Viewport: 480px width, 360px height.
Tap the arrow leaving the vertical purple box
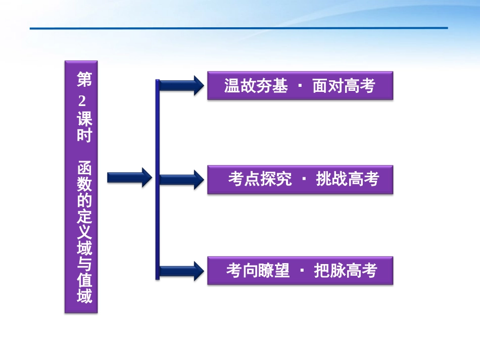(x=129, y=177)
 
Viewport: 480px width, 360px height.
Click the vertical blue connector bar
(x=157, y=179)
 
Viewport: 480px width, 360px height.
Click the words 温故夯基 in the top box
(x=256, y=86)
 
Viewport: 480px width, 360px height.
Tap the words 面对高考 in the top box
(x=344, y=86)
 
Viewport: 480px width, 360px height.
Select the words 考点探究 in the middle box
(x=260, y=179)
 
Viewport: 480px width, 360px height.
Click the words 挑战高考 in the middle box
(x=347, y=179)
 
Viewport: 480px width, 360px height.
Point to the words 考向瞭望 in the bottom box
(x=258, y=271)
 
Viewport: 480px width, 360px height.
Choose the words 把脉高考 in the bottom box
(x=346, y=271)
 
